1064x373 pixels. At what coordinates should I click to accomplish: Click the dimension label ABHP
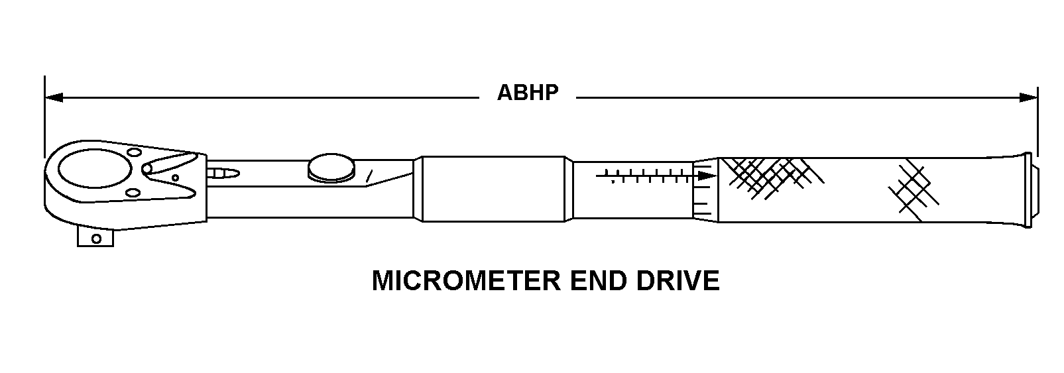click(528, 93)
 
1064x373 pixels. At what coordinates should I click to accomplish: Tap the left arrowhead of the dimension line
click(53, 98)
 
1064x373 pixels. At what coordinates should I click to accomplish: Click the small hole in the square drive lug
click(97, 239)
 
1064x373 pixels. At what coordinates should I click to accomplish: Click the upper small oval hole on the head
click(133, 152)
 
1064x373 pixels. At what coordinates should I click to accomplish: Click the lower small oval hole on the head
click(133, 193)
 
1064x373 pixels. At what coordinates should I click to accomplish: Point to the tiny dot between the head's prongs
click(175, 177)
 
